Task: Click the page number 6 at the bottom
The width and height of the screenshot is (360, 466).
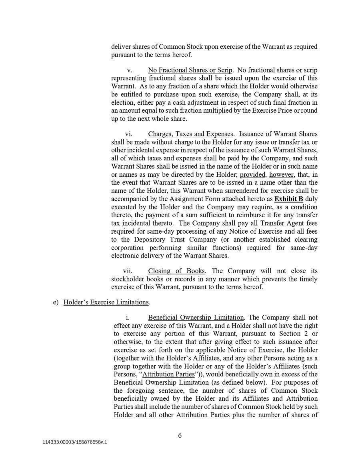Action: tap(180, 436)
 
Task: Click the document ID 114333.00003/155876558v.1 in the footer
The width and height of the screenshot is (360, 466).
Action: tap(75, 442)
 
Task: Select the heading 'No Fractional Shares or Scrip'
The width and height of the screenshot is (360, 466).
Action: tap(190, 70)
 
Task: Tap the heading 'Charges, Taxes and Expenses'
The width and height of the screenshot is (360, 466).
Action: tap(190, 134)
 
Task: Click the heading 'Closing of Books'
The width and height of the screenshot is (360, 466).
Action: tap(176, 271)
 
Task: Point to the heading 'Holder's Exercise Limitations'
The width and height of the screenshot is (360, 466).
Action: tap(106, 302)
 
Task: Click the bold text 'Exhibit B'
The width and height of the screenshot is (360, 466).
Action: tap(288, 199)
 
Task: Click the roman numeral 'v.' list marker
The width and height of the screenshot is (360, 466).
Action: tap(130, 70)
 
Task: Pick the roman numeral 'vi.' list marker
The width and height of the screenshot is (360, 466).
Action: tap(129, 134)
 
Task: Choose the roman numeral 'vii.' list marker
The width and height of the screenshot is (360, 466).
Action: tap(128, 271)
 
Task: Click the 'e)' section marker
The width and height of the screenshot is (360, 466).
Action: tap(56, 302)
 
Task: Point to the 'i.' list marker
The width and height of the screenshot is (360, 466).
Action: tap(128, 318)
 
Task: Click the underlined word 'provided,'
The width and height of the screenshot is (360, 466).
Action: tap(253, 175)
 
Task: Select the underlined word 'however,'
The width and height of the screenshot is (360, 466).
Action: tap(282, 175)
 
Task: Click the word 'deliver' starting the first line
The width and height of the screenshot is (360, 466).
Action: tap(120, 47)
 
